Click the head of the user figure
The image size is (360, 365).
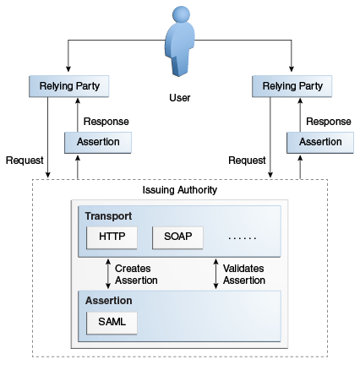pyautogui.click(x=180, y=15)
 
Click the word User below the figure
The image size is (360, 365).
pyautogui.click(x=180, y=97)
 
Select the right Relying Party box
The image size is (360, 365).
pyautogui.click(x=292, y=86)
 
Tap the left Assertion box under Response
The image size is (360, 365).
pyautogui.click(x=99, y=142)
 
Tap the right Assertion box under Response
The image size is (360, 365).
pyautogui.click(x=319, y=142)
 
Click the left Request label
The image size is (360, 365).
pyautogui.click(x=25, y=160)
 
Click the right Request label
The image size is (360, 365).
pyautogui.click(x=246, y=160)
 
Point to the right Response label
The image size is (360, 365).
pyautogui.click(x=327, y=121)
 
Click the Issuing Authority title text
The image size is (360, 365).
pyautogui.click(x=179, y=190)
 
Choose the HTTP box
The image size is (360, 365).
pyautogui.click(x=112, y=237)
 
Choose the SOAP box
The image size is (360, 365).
pyautogui.click(x=178, y=237)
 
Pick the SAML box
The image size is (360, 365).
pyautogui.click(x=112, y=322)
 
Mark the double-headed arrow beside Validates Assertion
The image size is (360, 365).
pyautogui.click(x=215, y=273)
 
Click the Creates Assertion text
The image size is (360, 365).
pyautogui.click(x=136, y=274)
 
